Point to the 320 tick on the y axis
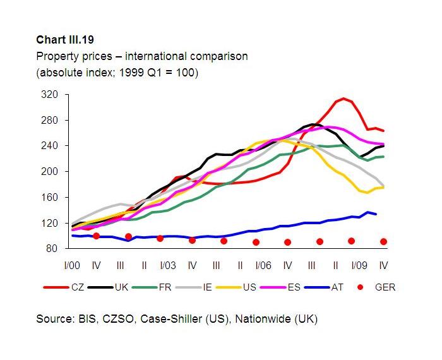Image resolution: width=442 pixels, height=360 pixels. click(x=50, y=95)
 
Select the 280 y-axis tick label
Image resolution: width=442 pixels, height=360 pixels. click(x=50, y=120)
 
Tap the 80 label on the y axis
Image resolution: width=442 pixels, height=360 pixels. click(x=52, y=249)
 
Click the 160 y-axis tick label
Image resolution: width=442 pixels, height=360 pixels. click(x=50, y=197)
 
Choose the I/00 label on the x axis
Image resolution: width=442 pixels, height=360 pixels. click(x=73, y=265)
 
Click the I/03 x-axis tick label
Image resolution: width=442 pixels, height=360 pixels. click(x=167, y=265)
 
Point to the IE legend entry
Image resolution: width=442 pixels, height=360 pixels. click(x=207, y=288)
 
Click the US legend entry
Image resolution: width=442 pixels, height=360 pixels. click(x=249, y=288)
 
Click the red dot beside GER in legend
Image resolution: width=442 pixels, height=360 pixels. click(x=361, y=288)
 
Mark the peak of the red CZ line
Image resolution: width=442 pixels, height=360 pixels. click(x=343, y=99)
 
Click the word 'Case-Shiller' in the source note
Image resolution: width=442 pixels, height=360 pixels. click(x=171, y=320)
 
